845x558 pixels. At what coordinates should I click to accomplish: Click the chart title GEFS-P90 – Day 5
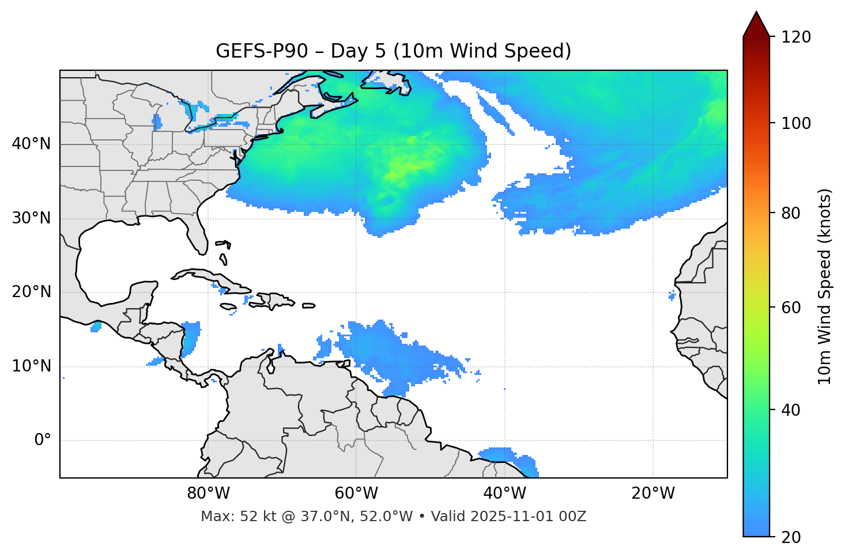coord(393,51)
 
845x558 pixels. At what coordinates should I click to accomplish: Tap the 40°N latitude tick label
coord(31,144)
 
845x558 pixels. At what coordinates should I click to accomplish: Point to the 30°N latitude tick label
coord(31,218)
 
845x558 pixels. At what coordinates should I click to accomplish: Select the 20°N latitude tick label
coord(31,292)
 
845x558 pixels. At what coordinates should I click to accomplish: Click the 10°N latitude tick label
coord(31,366)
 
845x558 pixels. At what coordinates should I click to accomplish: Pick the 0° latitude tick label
coord(43,441)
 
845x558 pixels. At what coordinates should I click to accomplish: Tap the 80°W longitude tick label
coord(208,494)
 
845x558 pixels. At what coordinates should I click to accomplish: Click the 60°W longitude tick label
coord(356,494)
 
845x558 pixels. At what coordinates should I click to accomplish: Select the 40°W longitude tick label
coord(504,494)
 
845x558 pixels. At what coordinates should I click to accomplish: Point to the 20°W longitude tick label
coord(652,494)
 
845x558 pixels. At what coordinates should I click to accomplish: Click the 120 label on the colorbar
coord(796,37)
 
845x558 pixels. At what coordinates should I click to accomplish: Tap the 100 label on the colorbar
coord(796,123)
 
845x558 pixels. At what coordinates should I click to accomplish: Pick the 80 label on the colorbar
coord(791,213)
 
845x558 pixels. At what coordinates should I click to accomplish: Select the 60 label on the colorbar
coord(791,308)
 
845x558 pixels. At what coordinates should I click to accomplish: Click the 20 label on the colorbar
coord(791,537)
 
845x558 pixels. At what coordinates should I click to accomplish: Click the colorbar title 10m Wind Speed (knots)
coord(825,287)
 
